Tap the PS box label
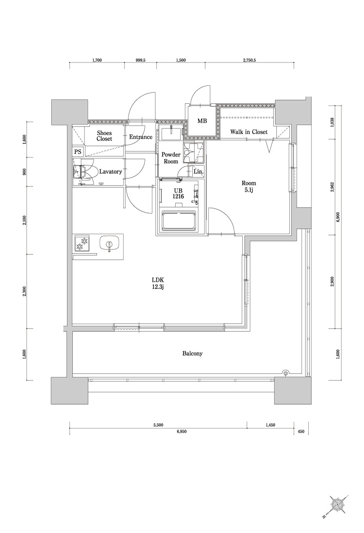[x=78, y=152]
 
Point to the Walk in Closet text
[x=249, y=132]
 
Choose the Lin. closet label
[x=198, y=172]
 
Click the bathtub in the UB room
[x=179, y=221]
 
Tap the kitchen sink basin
[x=109, y=245]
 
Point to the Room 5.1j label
[x=249, y=187]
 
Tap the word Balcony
[x=192, y=354]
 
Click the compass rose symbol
[x=337, y=505]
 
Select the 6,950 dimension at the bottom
[x=182, y=431]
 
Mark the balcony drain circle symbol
[x=285, y=372]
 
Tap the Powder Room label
[x=171, y=158]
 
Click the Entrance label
[x=140, y=137]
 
